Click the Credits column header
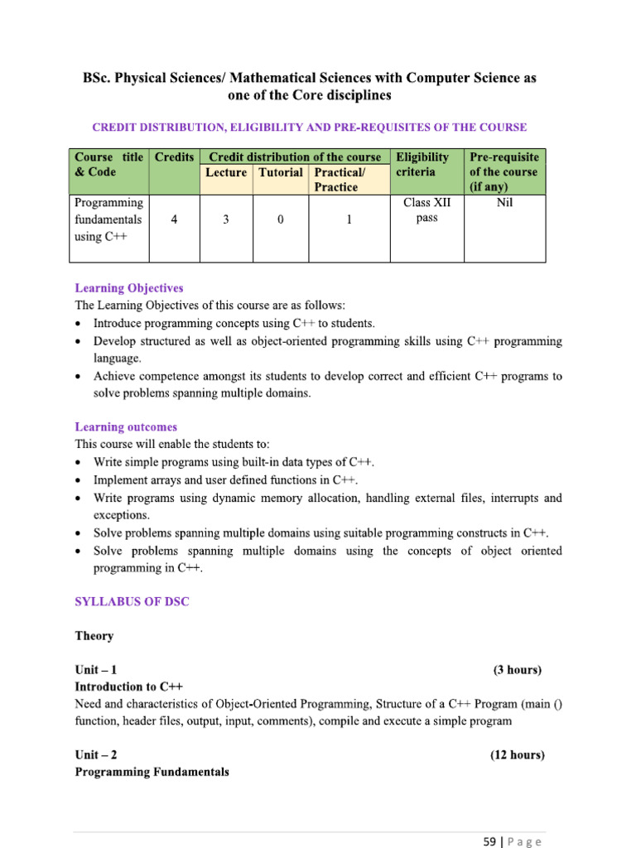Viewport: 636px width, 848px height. pos(174,157)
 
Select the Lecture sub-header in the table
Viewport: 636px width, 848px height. pos(225,172)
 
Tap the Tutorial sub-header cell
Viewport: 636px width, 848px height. pos(280,172)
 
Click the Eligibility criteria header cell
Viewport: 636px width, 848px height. pos(422,164)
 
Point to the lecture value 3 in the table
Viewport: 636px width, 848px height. pos(226,220)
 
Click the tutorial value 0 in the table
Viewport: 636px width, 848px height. pos(281,220)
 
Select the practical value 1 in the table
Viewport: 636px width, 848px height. pos(349,220)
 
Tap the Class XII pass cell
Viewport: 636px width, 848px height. pos(426,210)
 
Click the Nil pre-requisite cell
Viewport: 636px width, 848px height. pos(504,202)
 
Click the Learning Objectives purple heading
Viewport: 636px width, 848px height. pos(128,288)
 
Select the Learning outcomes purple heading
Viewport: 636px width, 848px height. pos(126,427)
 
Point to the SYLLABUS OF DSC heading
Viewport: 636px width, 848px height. pos(132,602)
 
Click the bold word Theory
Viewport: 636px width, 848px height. pos(94,636)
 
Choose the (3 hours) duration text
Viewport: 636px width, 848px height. pos(518,670)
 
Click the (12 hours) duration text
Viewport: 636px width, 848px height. pos(517,755)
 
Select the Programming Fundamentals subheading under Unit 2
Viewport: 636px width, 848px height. pos(152,772)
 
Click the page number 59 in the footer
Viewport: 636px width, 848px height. pos(489,841)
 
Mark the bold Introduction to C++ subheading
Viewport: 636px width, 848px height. pos(128,687)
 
